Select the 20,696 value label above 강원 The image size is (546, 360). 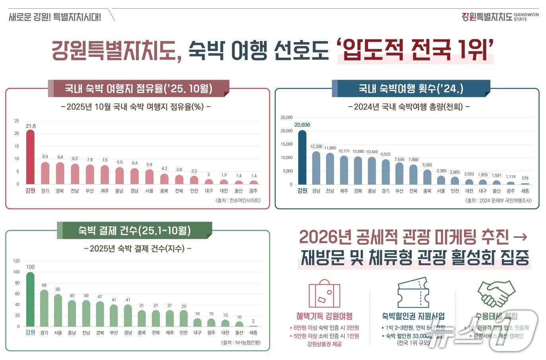(x=302, y=125)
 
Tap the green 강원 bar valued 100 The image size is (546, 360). (x=30, y=299)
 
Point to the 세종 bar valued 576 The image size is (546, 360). (x=525, y=183)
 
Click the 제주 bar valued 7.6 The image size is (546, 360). (x=105, y=175)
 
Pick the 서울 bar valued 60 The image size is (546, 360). (x=58, y=310)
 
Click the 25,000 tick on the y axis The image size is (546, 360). (x=286, y=118)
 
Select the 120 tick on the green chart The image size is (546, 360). (x=16, y=261)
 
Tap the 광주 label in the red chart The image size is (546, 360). (x=253, y=191)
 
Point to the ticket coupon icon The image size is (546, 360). (x=413, y=292)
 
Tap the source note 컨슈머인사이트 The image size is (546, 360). (x=238, y=200)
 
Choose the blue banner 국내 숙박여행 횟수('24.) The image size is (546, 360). (x=411, y=88)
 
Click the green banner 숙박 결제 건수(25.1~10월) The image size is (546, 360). (x=134, y=230)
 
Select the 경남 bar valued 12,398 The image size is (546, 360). (x=316, y=167)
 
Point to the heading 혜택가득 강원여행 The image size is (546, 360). (x=324, y=316)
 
